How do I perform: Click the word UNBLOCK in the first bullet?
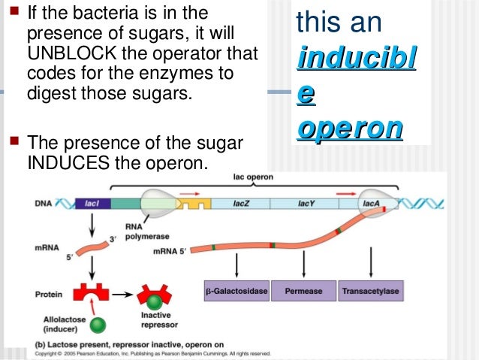click(65, 55)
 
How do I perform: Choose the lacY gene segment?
click(306, 204)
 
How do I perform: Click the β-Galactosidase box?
click(236, 289)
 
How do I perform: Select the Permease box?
click(303, 289)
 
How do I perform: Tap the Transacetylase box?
click(370, 289)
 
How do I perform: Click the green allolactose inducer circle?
click(97, 326)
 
